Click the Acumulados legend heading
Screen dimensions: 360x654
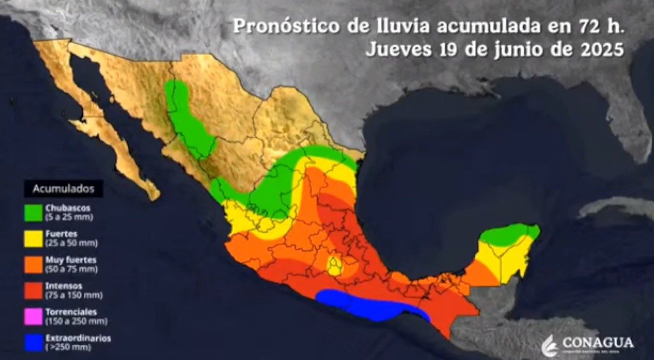point(64,188)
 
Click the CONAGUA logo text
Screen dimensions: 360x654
point(598,343)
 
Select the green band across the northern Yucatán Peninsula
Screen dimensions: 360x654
point(509,234)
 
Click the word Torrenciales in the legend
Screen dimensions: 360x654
point(71,312)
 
